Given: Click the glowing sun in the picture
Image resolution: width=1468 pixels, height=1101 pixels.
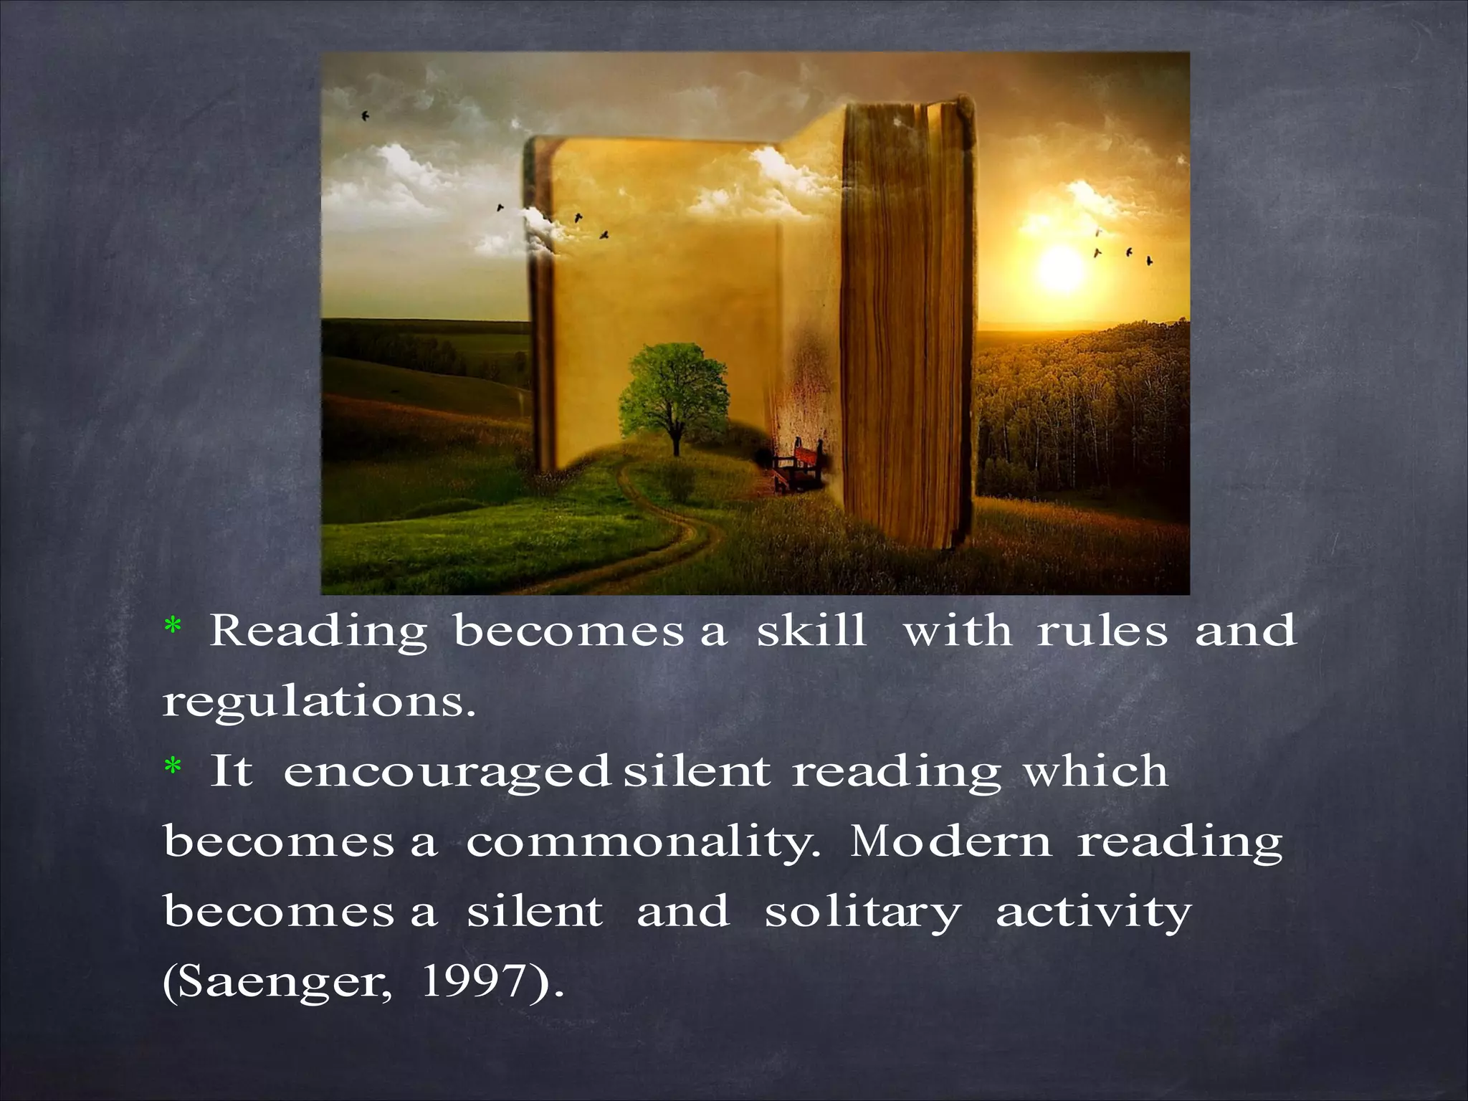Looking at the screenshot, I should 1060,266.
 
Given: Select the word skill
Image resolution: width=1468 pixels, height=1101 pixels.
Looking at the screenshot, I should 811,631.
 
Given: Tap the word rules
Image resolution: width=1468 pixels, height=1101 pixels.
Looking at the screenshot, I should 1102,631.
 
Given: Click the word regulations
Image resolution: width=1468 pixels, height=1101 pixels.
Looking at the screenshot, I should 319,702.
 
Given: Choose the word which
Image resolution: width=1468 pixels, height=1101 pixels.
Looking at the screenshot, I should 1095,771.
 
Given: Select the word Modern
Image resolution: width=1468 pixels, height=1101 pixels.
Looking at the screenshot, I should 950,842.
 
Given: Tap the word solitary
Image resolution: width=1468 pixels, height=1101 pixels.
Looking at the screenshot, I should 862,913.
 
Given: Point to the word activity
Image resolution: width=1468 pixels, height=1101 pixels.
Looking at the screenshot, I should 1093,913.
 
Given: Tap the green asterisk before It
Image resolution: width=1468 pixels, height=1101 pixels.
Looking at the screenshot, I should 173,768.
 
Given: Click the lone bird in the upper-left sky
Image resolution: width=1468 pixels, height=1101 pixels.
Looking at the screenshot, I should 366,115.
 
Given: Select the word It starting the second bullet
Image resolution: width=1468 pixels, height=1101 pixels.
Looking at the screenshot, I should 231,771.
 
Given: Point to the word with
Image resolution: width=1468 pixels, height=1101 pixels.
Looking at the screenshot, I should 956,631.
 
